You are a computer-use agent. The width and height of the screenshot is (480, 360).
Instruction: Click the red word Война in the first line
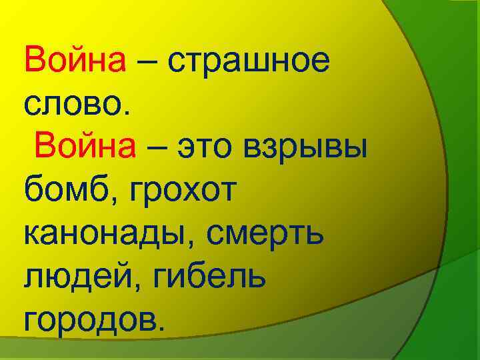point(75,61)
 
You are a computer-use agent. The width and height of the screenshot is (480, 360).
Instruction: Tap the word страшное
point(249,63)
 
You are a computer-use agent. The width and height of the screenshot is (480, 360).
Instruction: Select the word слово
point(70,104)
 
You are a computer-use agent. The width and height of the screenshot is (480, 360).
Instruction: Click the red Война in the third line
point(87,145)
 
